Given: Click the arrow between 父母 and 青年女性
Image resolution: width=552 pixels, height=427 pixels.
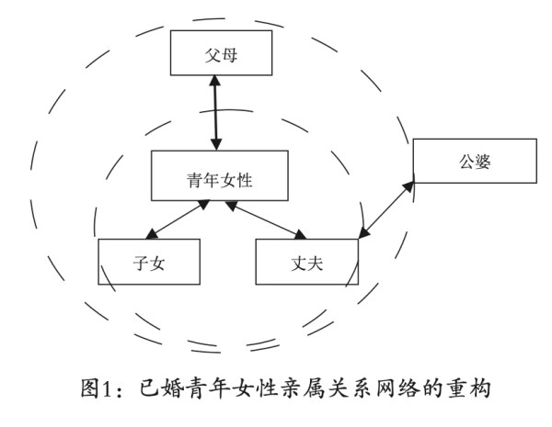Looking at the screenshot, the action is [215, 113].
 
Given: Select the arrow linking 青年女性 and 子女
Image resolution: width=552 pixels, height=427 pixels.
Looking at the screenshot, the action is [178, 219].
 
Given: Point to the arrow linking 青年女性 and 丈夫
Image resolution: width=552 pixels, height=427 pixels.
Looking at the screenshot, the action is [266, 220].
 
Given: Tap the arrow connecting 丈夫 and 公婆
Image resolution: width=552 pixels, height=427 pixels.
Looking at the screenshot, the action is [386, 209].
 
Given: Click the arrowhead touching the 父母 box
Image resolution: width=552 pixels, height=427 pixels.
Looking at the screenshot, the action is [214, 81].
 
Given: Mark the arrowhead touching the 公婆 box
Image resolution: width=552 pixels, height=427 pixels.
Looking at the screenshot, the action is [409, 186].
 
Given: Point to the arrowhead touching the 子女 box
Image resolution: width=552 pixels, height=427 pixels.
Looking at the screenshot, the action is [152, 234].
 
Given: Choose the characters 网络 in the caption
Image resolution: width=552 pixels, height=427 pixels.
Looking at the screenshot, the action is [398, 388].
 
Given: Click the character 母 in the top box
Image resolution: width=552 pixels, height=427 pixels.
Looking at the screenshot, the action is [229, 55].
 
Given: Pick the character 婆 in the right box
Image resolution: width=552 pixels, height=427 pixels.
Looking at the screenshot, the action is [483, 162].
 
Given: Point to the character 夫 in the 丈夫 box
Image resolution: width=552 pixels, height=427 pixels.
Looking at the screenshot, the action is [315, 264].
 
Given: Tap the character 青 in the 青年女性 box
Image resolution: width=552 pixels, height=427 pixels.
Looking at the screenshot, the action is [195, 180].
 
